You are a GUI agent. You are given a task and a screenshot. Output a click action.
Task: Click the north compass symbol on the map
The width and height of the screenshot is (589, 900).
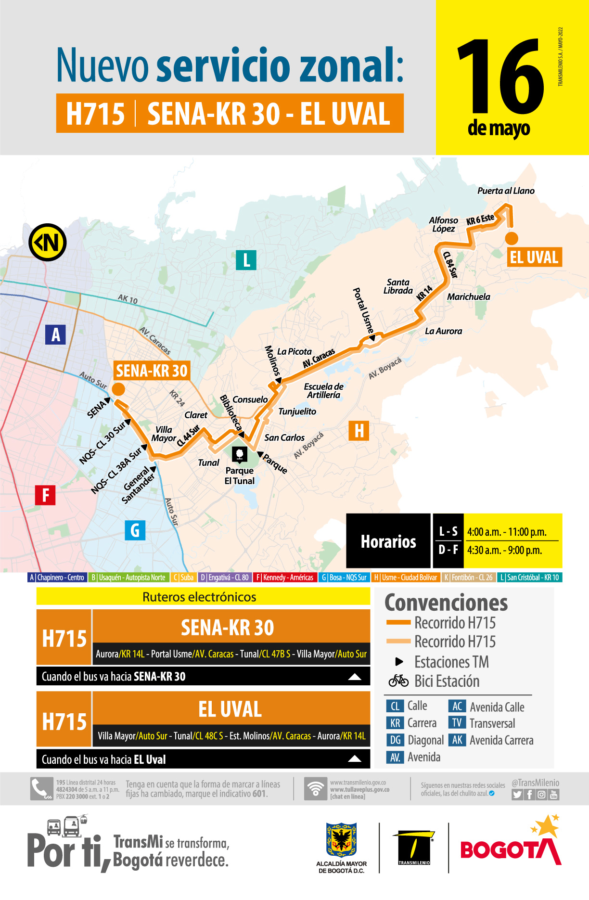(x=47, y=242)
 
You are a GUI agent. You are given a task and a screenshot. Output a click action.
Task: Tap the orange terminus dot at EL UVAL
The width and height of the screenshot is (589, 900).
(x=511, y=238)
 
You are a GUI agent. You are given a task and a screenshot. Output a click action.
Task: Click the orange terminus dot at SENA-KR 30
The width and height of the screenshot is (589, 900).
(x=118, y=389)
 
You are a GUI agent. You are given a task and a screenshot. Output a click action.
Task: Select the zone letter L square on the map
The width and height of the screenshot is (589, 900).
(x=246, y=260)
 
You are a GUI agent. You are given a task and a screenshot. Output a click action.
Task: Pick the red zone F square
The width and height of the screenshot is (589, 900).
(x=45, y=495)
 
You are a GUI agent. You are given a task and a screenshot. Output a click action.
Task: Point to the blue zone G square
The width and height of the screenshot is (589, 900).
(x=135, y=530)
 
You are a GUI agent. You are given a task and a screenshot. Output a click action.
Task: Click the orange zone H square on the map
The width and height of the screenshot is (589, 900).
(x=359, y=431)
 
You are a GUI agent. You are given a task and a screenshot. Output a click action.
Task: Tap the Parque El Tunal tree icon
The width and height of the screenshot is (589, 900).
(x=239, y=454)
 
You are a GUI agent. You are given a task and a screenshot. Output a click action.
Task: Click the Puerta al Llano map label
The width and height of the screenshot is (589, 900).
(x=506, y=191)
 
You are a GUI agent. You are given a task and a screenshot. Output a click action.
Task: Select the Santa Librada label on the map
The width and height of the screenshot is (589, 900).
(x=398, y=286)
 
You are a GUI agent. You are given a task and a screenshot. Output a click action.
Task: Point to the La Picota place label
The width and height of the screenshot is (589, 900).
(x=294, y=352)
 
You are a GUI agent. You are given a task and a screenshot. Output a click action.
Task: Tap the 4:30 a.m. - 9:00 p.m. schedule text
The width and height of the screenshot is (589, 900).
(x=504, y=550)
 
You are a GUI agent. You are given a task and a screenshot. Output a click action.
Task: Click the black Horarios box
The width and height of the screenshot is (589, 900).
(x=388, y=541)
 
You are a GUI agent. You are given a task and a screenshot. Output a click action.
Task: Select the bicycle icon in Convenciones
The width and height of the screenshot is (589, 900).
(x=398, y=681)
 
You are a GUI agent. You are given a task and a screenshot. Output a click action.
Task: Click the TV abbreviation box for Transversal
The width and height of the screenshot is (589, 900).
(x=457, y=723)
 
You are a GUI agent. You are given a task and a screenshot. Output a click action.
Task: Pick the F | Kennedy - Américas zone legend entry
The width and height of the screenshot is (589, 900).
(x=284, y=578)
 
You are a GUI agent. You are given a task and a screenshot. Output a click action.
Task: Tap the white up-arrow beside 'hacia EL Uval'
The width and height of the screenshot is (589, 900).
(x=355, y=759)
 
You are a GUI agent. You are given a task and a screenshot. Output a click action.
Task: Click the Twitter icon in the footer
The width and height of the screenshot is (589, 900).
(x=517, y=795)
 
